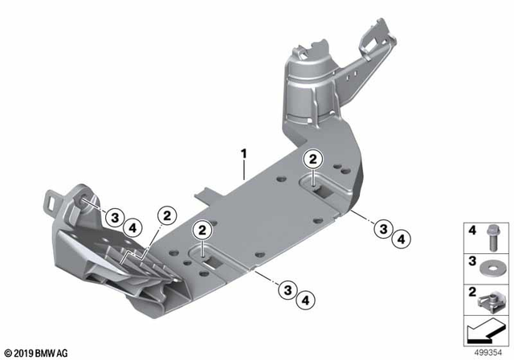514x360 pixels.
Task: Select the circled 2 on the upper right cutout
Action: coord(312,160)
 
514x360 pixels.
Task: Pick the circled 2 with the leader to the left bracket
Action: coord(167,216)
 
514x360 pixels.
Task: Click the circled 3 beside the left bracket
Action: coord(115,217)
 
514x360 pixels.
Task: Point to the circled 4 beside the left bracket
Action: coord(133,227)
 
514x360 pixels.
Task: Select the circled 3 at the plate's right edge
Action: coord(384,229)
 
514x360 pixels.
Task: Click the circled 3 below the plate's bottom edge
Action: coord(284,291)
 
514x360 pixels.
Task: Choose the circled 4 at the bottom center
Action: coord(304,300)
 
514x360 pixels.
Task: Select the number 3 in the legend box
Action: coord(472,262)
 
